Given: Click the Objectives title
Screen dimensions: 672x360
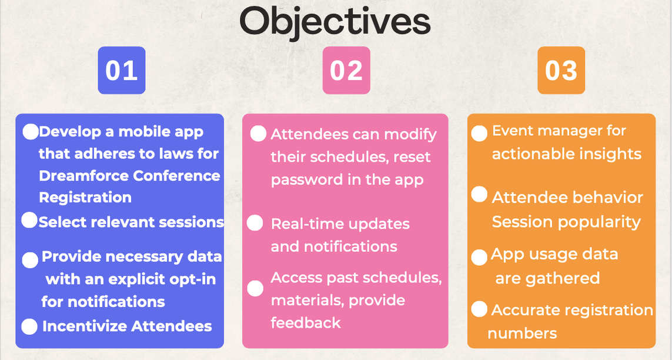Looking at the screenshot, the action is (335, 21).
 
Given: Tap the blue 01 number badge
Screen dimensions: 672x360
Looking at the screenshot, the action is (122, 70).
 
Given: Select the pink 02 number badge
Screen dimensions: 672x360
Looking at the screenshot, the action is (346, 70).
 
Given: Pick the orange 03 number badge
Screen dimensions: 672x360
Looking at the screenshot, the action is (561, 70).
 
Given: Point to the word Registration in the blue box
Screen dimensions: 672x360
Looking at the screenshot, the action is (85, 198).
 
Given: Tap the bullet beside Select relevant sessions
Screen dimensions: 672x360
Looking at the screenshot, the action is (29, 220).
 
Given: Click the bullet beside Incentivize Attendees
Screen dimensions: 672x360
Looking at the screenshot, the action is (29, 326).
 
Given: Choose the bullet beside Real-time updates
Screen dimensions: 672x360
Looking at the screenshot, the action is (255, 223).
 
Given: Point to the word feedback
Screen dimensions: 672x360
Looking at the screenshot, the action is (306, 322).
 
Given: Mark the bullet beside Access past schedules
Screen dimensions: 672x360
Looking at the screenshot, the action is (255, 288).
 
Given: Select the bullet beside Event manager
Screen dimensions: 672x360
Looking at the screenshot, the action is (479, 134).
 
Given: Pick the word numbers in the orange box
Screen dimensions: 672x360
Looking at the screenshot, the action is (523, 333).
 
